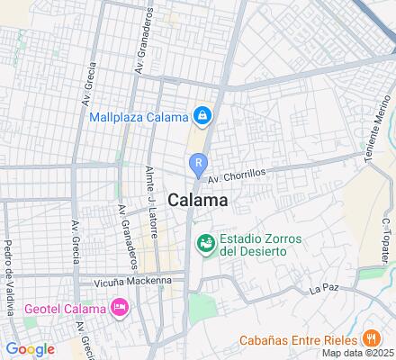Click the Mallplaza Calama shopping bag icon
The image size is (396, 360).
(204, 115)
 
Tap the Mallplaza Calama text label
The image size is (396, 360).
(140, 116)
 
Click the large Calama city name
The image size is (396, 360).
(196, 200)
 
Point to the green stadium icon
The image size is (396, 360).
(206, 243)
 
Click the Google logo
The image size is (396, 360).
(29, 348)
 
